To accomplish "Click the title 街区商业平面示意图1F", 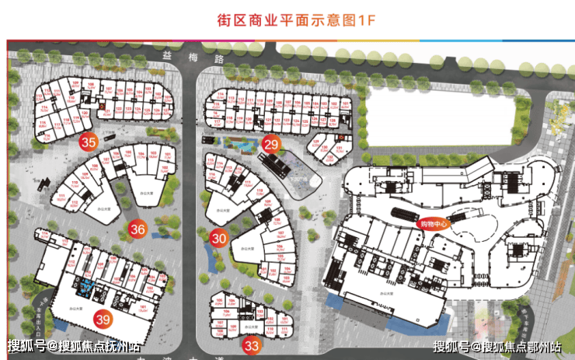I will coord(287,21).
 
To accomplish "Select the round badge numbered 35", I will coord(89,142).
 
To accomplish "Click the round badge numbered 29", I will coord(270,143).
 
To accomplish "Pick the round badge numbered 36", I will coord(138,229).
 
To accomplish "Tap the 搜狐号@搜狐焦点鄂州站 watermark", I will coord(497,346).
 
